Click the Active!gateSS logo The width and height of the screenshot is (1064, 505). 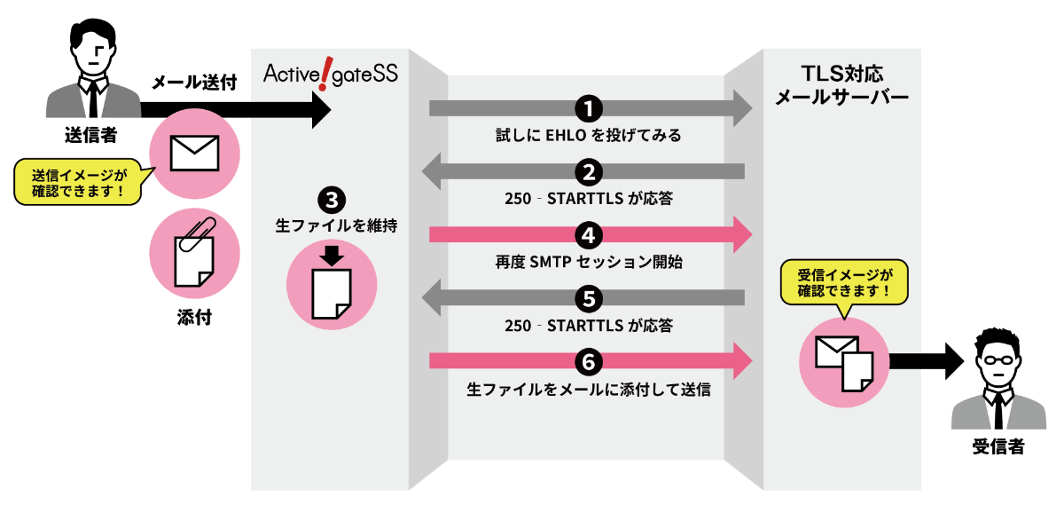pos(330,74)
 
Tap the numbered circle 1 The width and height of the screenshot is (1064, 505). pos(589,108)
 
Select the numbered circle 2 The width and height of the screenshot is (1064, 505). pos(589,171)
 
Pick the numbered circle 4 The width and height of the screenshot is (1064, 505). pos(589,235)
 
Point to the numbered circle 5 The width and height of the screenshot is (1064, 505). pos(589,297)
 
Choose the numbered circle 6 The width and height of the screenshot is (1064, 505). pos(589,361)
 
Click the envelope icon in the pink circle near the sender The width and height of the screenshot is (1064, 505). pos(194,154)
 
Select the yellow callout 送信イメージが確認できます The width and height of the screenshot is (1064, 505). pos(78,182)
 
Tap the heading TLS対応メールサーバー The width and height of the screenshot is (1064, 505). pos(841,85)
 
